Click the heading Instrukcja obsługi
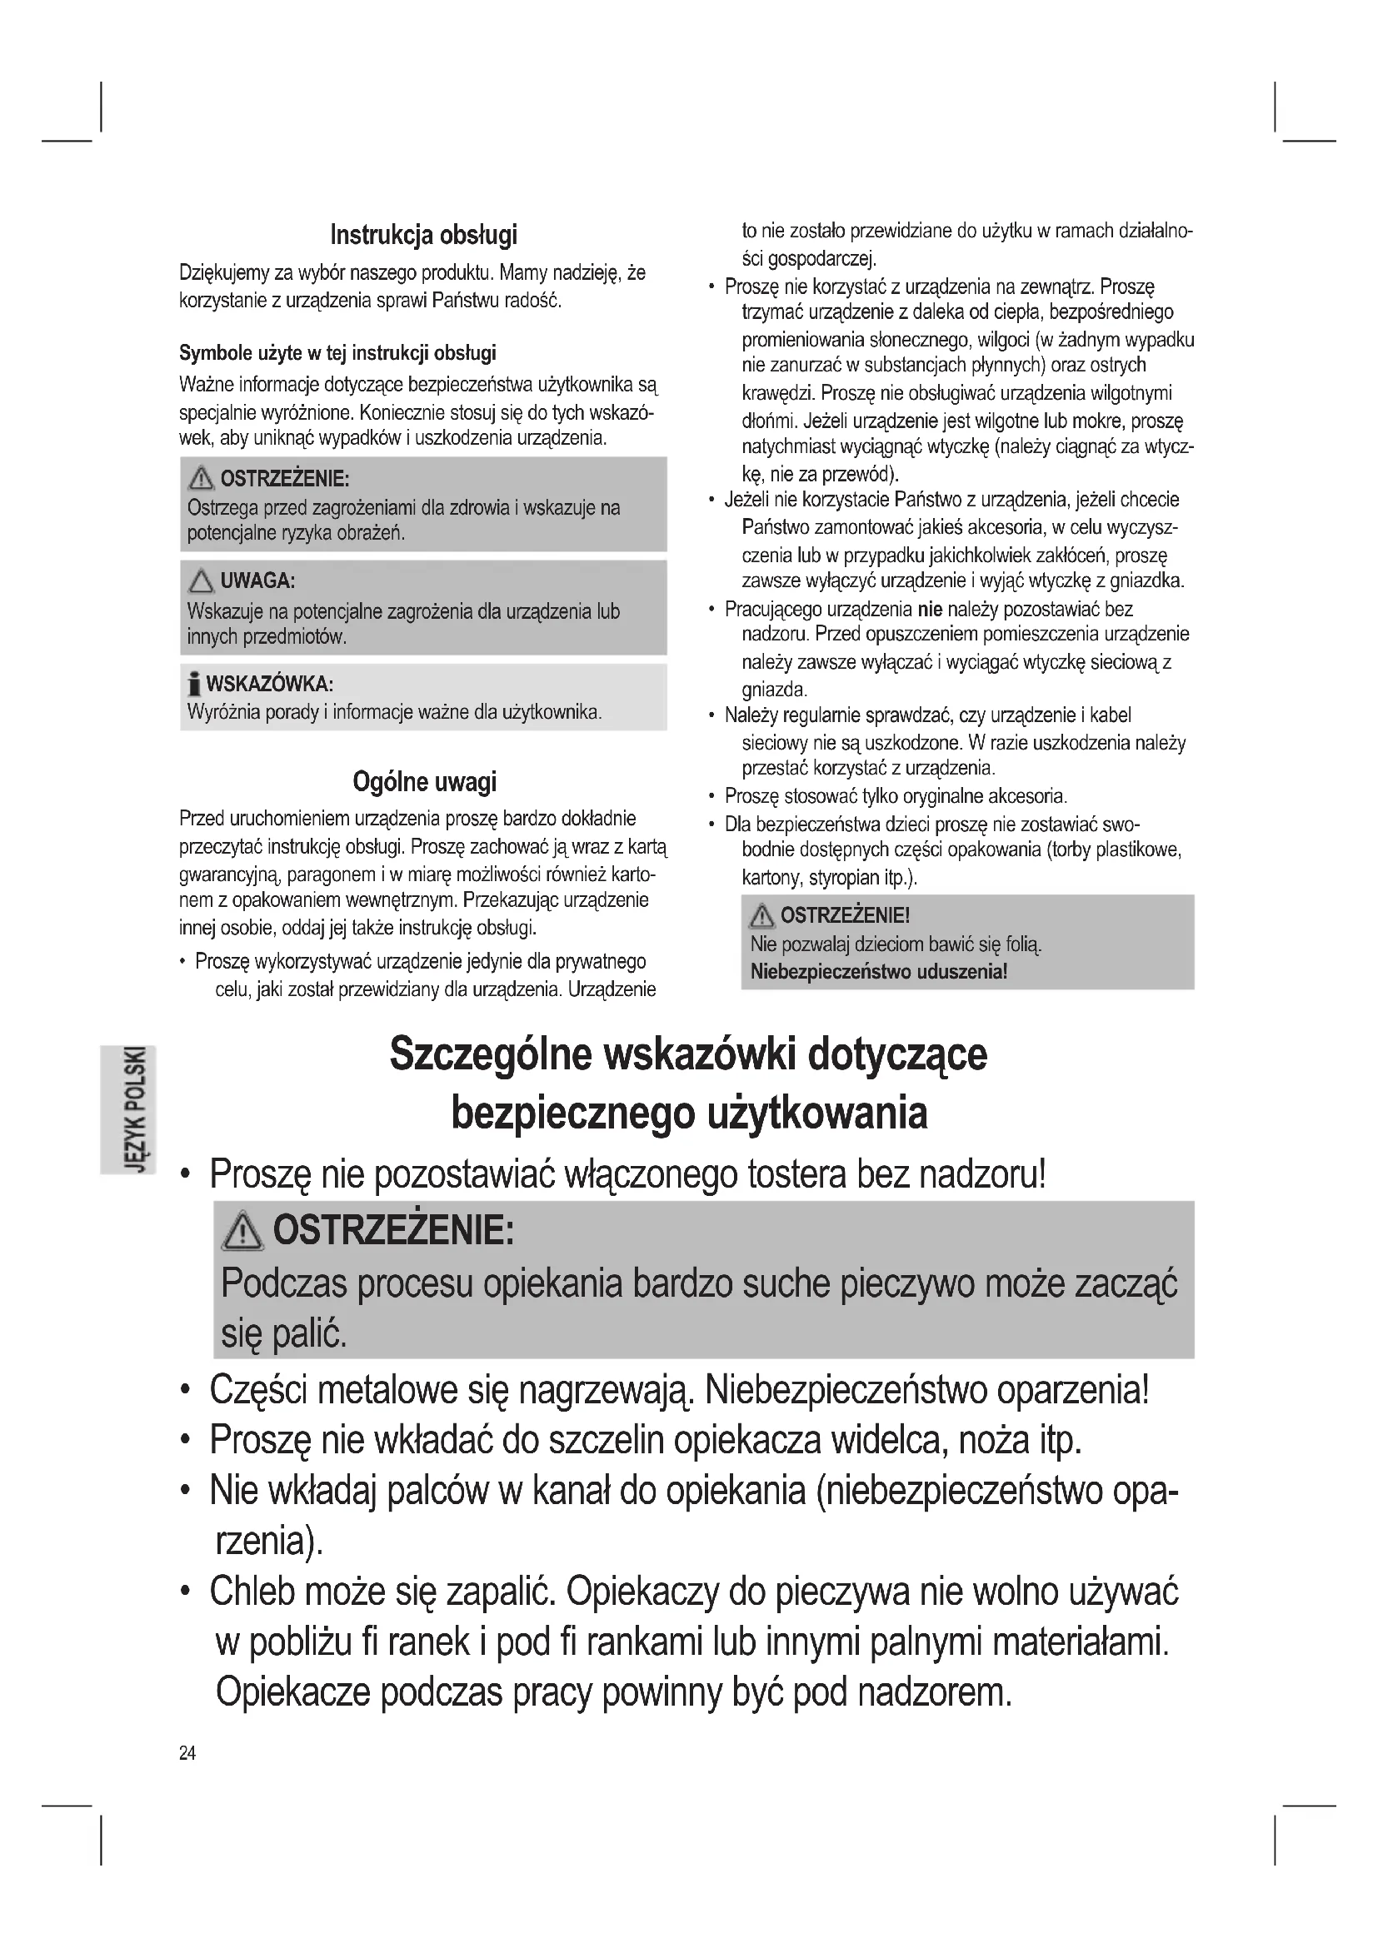423,235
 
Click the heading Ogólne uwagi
423,782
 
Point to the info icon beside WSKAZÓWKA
195,684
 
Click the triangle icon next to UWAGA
201,581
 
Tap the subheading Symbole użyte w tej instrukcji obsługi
337,353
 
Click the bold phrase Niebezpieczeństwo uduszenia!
878,971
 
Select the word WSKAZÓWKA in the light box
269,684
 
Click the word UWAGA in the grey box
257,581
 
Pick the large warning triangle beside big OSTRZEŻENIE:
242,1231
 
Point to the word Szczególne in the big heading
491,1055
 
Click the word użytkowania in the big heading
817,1113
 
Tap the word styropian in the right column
848,876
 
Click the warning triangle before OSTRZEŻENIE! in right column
762,916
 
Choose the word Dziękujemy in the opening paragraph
223,273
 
